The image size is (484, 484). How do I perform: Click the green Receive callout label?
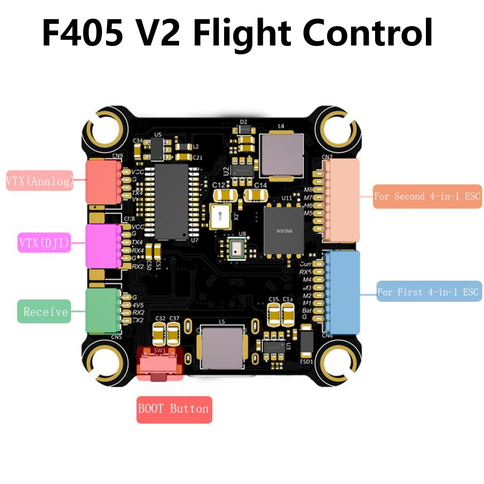(x=44, y=311)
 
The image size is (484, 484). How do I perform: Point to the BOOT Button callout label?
(x=174, y=409)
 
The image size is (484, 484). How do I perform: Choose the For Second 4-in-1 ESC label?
(x=427, y=197)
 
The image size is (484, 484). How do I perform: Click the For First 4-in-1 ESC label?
(x=429, y=291)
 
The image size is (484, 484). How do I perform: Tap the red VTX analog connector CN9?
(x=101, y=181)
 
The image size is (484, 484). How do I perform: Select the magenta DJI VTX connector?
(x=102, y=245)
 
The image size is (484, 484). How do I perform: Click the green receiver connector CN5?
(x=102, y=311)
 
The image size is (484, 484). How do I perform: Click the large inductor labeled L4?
(x=281, y=155)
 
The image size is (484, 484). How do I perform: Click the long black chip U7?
(x=172, y=201)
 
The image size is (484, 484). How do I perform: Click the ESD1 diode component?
(x=306, y=342)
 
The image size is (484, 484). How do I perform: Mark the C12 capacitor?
(x=226, y=195)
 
